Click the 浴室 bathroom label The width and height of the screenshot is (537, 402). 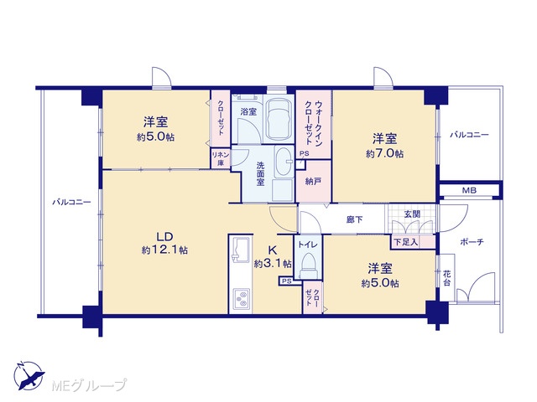[x=248, y=111]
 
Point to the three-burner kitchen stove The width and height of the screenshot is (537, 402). [x=242, y=299]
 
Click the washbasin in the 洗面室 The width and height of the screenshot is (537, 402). [x=284, y=162]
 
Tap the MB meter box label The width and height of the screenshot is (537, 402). [x=469, y=190]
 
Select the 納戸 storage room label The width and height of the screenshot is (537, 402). [x=313, y=181]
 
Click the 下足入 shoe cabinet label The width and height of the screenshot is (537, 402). [x=406, y=242]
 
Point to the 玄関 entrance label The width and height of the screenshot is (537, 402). [x=412, y=214]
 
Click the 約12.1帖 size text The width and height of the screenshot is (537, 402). [x=164, y=250]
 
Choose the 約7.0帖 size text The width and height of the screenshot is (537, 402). [x=384, y=154]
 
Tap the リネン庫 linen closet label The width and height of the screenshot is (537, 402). [x=221, y=159]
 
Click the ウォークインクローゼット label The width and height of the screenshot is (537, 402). [x=313, y=122]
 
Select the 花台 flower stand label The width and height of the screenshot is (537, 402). [x=446, y=278]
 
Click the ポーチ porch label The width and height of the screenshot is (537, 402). [x=472, y=242]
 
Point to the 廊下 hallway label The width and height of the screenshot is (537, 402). [x=354, y=219]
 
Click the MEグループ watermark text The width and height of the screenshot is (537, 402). [x=89, y=385]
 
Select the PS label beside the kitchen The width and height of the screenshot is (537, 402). [x=287, y=281]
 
